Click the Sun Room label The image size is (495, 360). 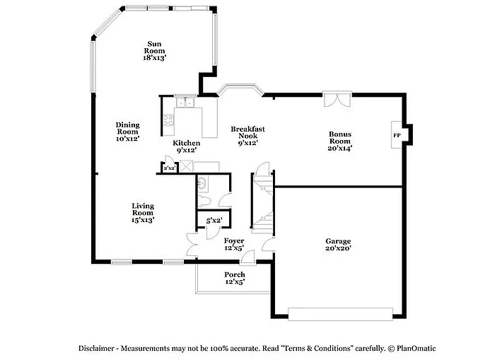pos(154,50)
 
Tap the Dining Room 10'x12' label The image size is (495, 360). pos(127,132)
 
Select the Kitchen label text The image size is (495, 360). pos(186,146)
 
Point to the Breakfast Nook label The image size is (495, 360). pos(248,135)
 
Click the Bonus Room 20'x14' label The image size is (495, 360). pos(339,140)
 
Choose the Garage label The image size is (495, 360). pos(338,245)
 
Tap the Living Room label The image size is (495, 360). pos(142,213)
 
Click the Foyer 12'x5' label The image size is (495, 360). pos(233,244)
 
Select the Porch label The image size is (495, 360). pos(234,278)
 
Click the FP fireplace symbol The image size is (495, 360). pos(397,135)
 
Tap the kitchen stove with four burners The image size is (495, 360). pos(168,120)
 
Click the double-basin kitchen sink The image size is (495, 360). pos(185,104)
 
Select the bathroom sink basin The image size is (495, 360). pos(203,183)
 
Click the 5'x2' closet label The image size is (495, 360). pos(214,221)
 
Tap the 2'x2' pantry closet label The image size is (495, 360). pos(169,168)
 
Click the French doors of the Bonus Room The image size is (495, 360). pos(336,99)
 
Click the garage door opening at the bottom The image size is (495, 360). pos(341,313)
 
